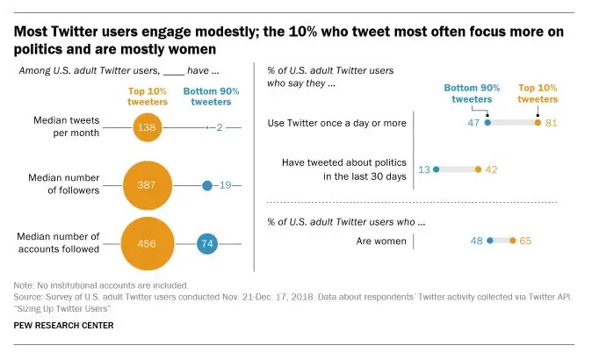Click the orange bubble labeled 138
[x=146, y=128]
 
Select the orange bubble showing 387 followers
[x=146, y=185]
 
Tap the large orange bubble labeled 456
[x=146, y=243]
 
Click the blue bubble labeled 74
[x=206, y=243]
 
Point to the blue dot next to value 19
[x=206, y=185]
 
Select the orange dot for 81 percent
[x=538, y=123]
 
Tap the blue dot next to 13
[x=435, y=169]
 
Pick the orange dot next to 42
[x=477, y=169]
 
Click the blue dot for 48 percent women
[x=488, y=241]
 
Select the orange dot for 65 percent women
[x=513, y=241]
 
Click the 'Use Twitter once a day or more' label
[x=336, y=123]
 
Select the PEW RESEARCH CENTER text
[x=63, y=326]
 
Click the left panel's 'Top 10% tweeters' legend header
[x=146, y=95]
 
